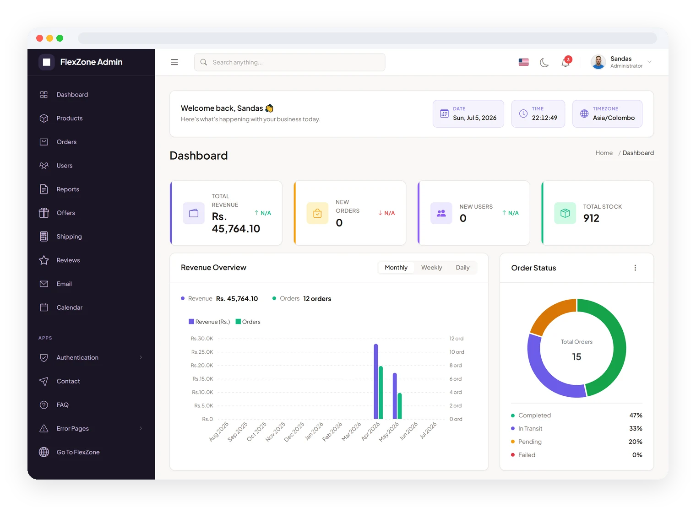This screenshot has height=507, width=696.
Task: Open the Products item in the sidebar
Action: [69, 119]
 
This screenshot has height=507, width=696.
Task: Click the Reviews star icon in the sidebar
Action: [44, 260]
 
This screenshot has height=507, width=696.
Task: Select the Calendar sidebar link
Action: [69, 307]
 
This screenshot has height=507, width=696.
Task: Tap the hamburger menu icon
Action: [174, 62]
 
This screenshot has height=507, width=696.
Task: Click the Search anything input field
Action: [289, 62]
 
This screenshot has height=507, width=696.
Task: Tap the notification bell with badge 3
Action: [566, 62]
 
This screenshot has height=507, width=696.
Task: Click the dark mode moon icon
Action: [544, 62]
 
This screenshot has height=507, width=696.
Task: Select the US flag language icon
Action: [523, 62]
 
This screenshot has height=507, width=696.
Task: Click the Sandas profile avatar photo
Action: [598, 62]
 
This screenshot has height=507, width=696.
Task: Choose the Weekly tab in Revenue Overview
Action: [431, 268]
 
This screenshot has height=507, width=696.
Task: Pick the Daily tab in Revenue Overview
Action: [462, 268]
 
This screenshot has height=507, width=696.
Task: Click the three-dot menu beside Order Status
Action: [635, 268]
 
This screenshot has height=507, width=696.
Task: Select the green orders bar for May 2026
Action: [400, 406]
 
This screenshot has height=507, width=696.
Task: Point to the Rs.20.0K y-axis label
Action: [202, 366]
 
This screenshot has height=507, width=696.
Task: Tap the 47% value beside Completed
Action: [636, 415]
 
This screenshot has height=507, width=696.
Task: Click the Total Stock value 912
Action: [591, 218]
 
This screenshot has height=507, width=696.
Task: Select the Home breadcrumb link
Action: [604, 153]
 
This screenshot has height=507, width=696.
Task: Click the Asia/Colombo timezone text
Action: [614, 118]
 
